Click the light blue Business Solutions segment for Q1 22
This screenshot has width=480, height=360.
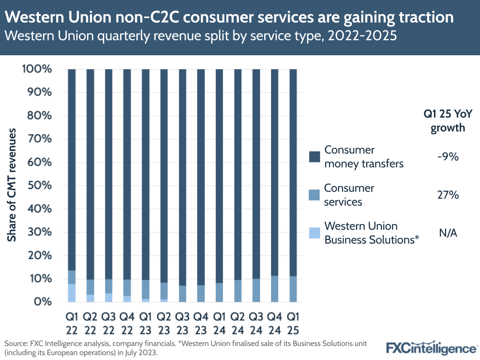[x=72, y=293]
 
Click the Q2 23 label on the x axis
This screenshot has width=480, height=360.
[x=164, y=323]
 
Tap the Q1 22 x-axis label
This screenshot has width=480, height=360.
[x=72, y=323]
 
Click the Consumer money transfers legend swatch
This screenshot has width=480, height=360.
[x=314, y=157]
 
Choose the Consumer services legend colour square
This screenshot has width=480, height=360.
[x=314, y=195]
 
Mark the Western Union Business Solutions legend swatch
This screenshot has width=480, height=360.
[x=314, y=233]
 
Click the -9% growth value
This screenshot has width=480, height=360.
[x=448, y=157]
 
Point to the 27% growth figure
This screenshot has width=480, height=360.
[x=448, y=195]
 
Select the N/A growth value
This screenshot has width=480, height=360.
[x=448, y=233]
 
